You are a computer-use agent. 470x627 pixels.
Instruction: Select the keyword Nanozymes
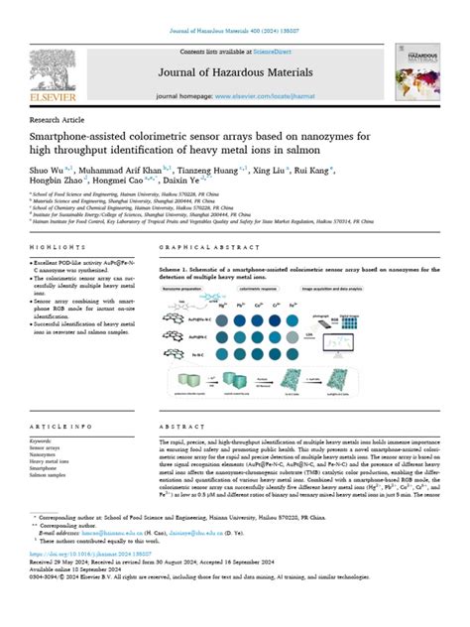[x=49, y=453]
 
